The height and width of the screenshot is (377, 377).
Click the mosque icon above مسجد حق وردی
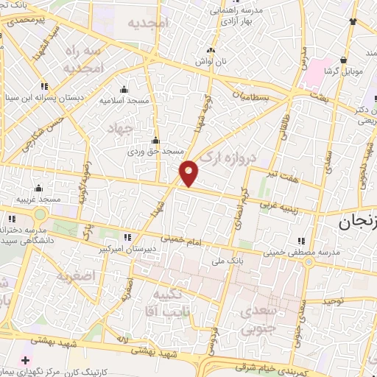pyautogui.click(x=155, y=141)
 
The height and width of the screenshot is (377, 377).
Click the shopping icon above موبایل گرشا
pyautogui.click(x=343, y=60)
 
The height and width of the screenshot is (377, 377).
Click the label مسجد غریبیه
pyautogui.click(x=38, y=200)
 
